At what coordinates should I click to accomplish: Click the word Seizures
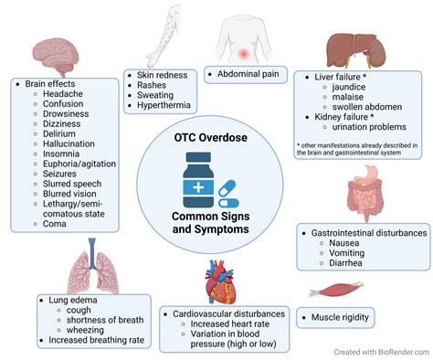(x=55, y=171)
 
